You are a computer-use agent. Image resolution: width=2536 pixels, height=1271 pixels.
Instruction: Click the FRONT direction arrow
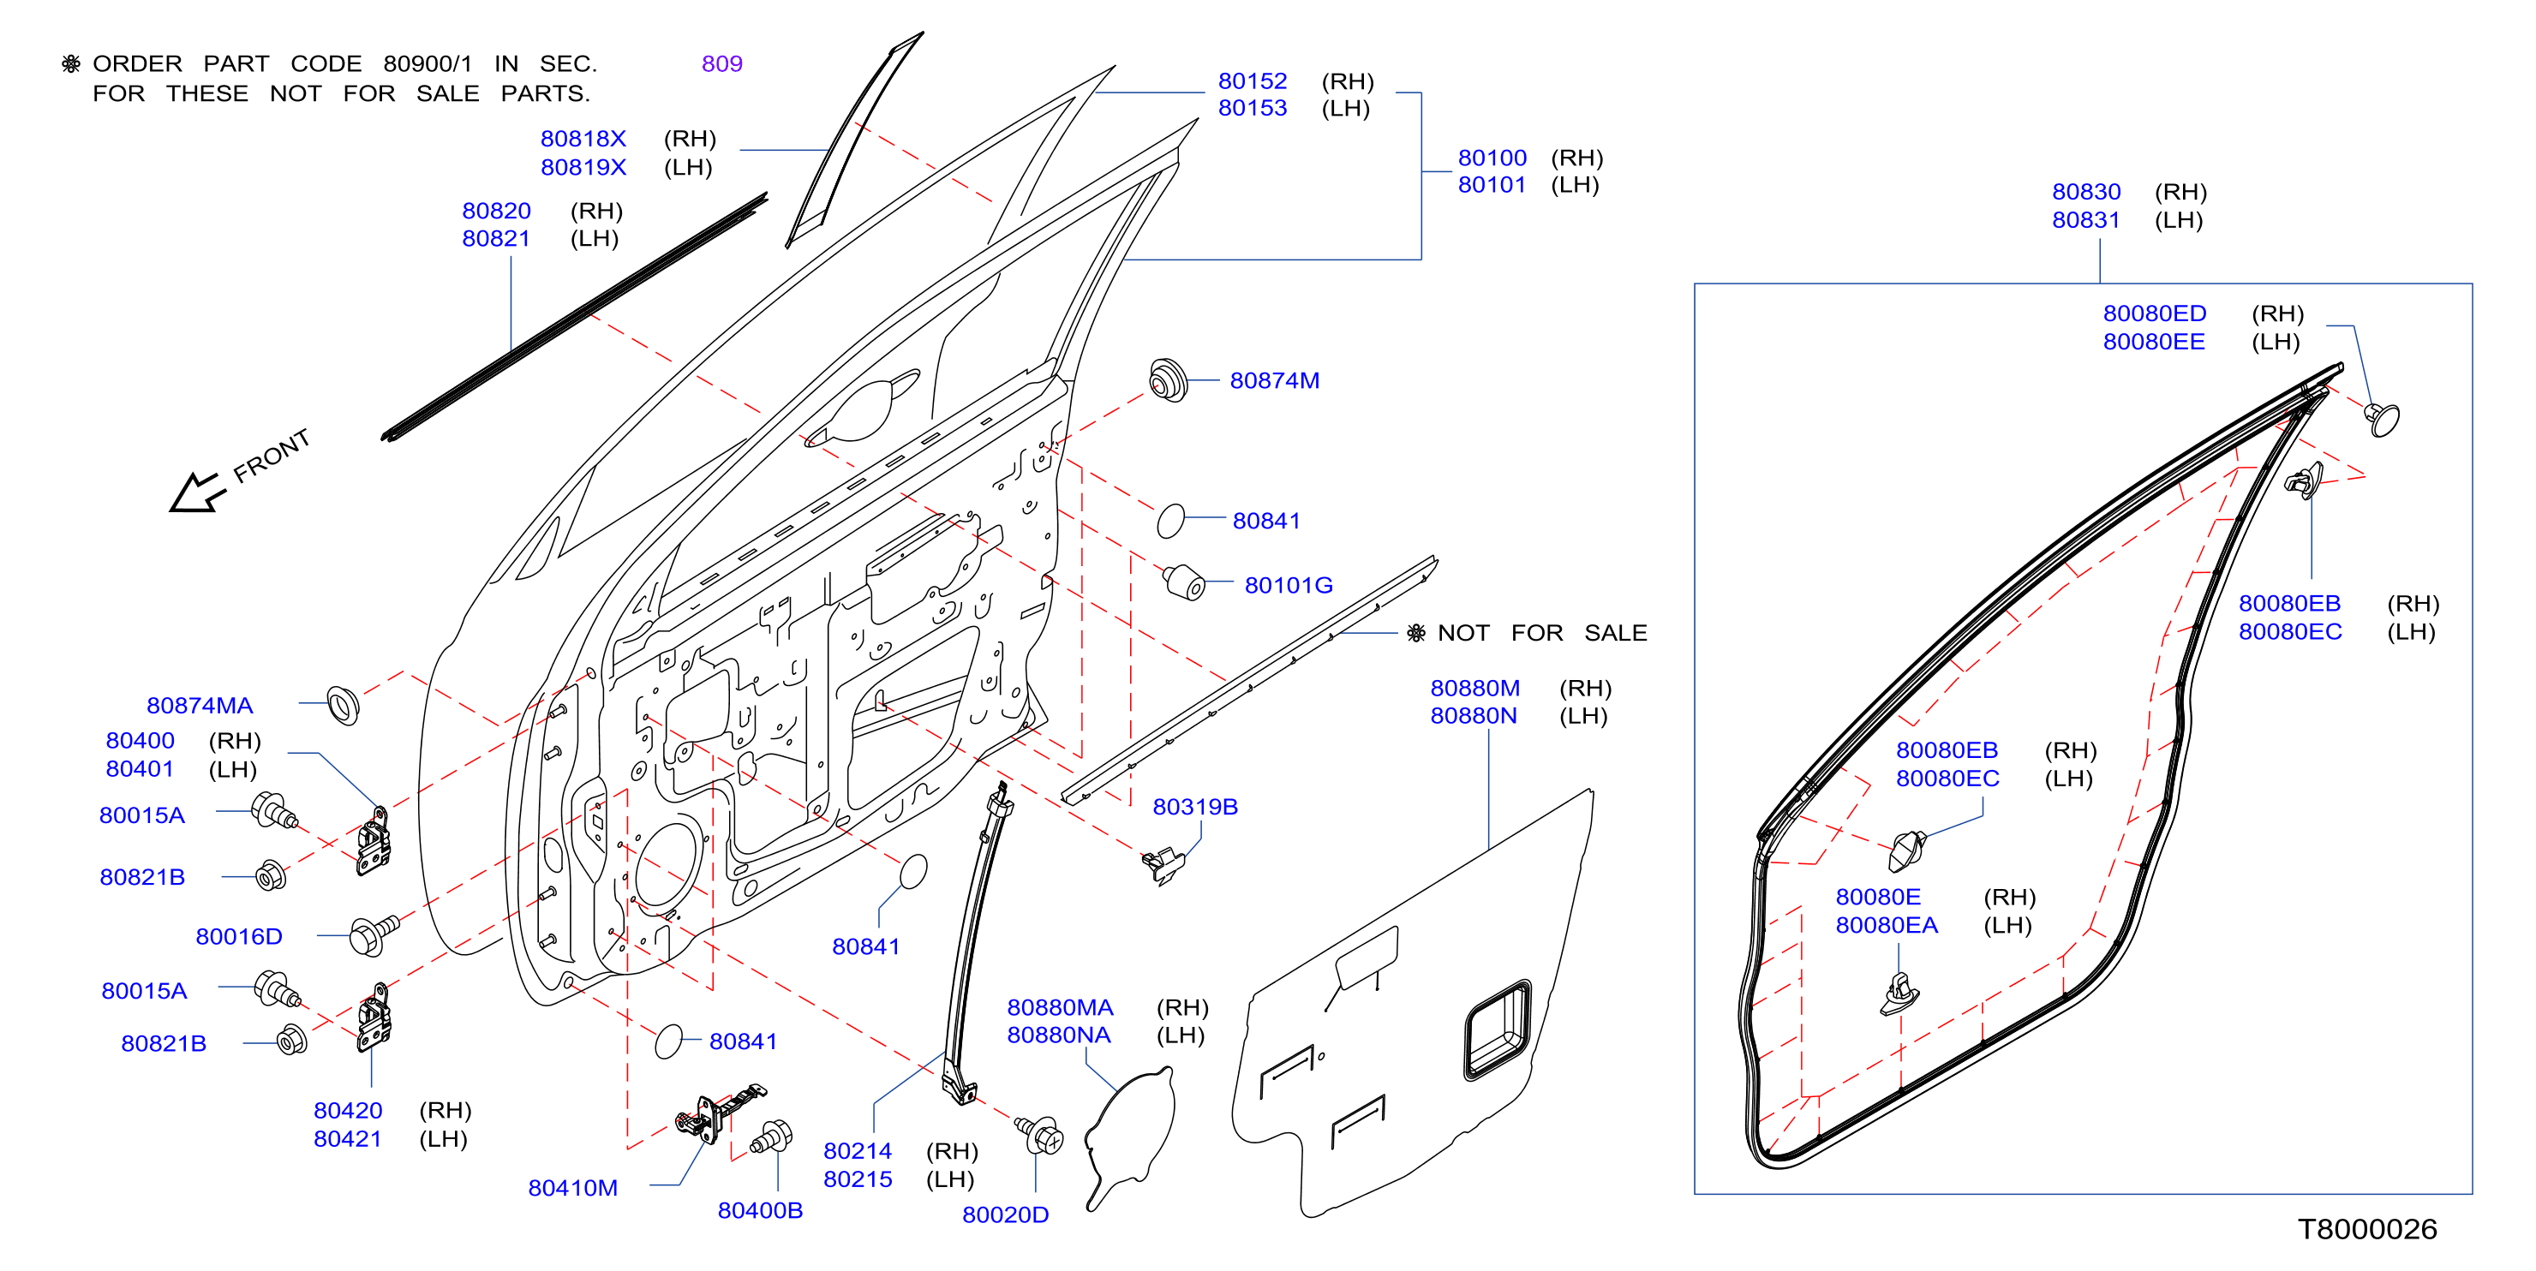[x=197, y=492]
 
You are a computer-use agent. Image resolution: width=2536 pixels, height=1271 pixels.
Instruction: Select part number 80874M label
[x=1274, y=381]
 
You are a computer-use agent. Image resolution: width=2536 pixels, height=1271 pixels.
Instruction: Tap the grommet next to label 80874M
[x=1169, y=380]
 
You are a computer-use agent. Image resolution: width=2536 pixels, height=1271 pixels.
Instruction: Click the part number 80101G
[x=1289, y=586]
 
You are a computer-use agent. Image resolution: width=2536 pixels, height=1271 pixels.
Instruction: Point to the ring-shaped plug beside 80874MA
[x=343, y=704]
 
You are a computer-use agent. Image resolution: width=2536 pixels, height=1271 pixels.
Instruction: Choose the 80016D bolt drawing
[x=373, y=934]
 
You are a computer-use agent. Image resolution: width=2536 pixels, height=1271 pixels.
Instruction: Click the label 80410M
[x=573, y=1188]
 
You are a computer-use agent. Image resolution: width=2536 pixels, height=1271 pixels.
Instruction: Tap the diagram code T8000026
[x=2368, y=1230]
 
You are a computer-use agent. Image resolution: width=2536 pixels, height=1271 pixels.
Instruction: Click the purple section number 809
[x=721, y=64]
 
